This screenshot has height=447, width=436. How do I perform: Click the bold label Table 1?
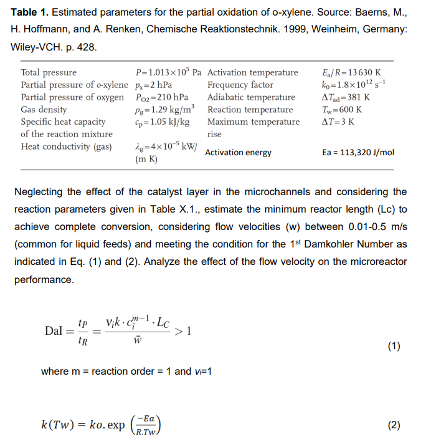pyautogui.click(x=30, y=13)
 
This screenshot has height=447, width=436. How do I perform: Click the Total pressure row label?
pyautogui.click(x=49, y=72)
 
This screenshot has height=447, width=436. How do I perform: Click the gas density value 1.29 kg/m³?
pyautogui.click(x=161, y=109)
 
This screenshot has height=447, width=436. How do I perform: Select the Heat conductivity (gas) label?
pyautogui.click(x=66, y=147)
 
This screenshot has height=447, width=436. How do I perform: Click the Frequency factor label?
pyautogui.click(x=240, y=85)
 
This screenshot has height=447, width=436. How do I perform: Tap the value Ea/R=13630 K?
pyautogui.click(x=349, y=72)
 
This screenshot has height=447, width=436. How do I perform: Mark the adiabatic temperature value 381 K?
pyautogui.click(x=346, y=97)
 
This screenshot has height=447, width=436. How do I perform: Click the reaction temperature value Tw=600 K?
pyautogui.click(x=341, y=110)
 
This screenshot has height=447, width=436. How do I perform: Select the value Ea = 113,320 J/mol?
pyautogui.click(x=358, y=153)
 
